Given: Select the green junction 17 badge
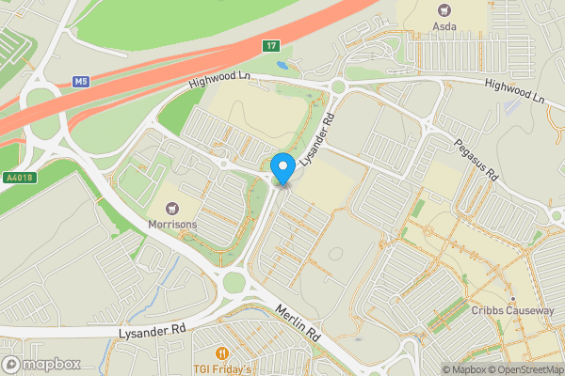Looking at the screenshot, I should coord(271,45).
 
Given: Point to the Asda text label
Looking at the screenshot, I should coord(444,26).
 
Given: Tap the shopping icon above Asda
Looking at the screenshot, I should coord(444,10).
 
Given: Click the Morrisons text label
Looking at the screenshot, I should coord(171,225).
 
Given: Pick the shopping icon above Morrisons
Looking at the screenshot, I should coord(172,209).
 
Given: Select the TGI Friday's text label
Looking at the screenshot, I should coord(224,368).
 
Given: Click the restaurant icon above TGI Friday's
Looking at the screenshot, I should coord(224,353).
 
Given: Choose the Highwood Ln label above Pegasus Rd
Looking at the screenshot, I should coord(514,91).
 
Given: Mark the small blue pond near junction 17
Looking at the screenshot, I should coord(283,66).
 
